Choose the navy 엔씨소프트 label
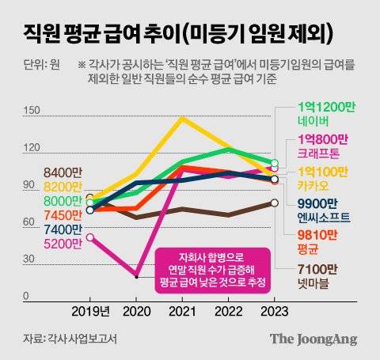310,216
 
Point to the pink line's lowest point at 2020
137,277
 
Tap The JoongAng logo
313,339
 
